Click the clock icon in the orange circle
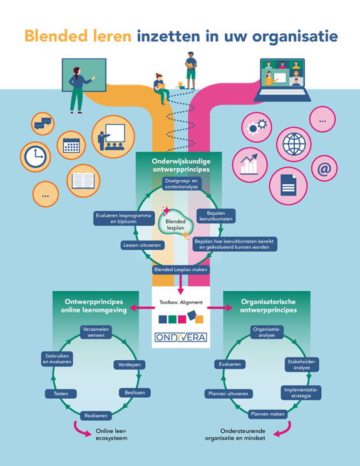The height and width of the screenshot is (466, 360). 35,157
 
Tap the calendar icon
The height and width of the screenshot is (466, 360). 71,145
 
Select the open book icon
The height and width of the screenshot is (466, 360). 83,180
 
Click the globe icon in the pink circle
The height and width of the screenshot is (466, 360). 294,144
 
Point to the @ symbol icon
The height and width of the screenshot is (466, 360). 324,168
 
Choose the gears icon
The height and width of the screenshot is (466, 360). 257,127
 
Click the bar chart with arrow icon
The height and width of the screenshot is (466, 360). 250,164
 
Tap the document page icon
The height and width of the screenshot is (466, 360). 288,185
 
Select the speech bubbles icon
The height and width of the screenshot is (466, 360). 43,123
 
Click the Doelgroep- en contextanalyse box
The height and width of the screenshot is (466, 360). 182,184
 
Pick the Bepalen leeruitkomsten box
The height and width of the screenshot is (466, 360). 216,216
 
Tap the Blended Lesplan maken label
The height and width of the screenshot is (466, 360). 180,269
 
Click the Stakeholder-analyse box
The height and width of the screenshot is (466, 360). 302,365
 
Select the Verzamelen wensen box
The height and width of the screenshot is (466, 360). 96,332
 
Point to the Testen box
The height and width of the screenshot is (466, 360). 61,393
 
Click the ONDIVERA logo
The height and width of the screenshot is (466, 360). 180,337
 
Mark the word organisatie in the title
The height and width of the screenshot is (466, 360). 295,37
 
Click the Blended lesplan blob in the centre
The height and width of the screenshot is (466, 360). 175,224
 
